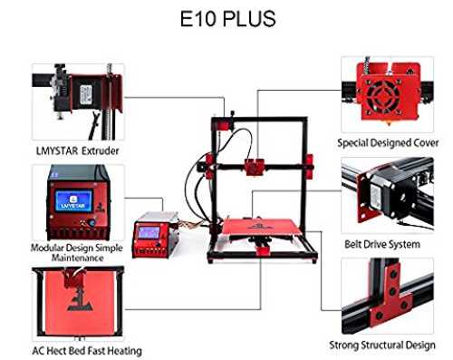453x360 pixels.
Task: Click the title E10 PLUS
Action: click(227, 19)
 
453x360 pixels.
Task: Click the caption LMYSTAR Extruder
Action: click(78, 151)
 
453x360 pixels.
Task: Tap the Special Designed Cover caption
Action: click(388, 142)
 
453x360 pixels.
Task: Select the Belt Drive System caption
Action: click(382, 244)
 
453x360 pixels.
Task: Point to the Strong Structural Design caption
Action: click(382, 345)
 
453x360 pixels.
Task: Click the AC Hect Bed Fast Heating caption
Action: click(87, 351)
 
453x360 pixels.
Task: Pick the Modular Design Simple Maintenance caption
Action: click(77, 253)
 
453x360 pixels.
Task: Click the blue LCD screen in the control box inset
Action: click(74, 201)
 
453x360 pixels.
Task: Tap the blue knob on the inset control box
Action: click(92, 223)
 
